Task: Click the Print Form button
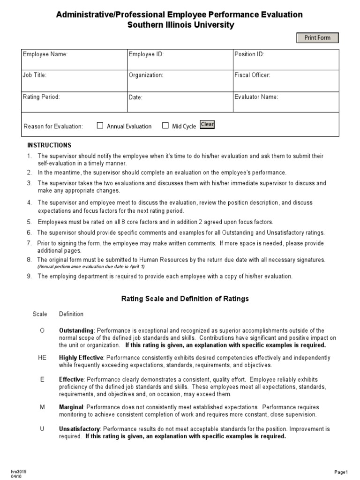point(317,38)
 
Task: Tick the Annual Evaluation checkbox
point(100,126)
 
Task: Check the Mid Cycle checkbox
point(165,126)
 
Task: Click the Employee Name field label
point(45,54)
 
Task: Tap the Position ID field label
point(249,54)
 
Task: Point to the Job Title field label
point(35,75)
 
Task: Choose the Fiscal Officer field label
point(252,75)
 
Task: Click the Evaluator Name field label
point(256,97)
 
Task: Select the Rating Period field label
point(42,97)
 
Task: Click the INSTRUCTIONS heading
point(49,145)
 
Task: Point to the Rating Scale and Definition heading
point(185,299)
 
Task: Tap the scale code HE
point(42,358)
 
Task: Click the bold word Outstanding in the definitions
point(76,331)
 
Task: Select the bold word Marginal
point(71,407)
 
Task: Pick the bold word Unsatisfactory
point(80,429)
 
